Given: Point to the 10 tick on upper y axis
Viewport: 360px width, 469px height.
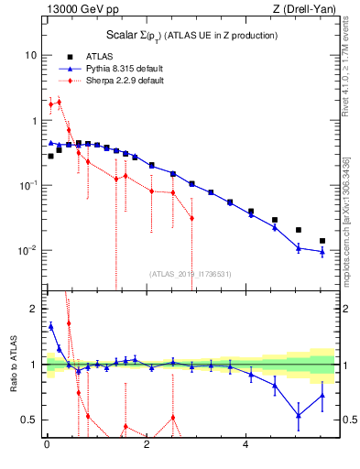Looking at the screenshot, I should (30, 55).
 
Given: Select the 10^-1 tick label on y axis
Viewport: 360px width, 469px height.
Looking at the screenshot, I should (27, 185).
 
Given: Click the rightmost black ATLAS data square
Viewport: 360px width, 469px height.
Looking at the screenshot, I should (322, 241).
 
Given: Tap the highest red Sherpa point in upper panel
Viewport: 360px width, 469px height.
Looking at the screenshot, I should (60, 102).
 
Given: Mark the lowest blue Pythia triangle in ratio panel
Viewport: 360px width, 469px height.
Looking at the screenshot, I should (298, 415).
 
